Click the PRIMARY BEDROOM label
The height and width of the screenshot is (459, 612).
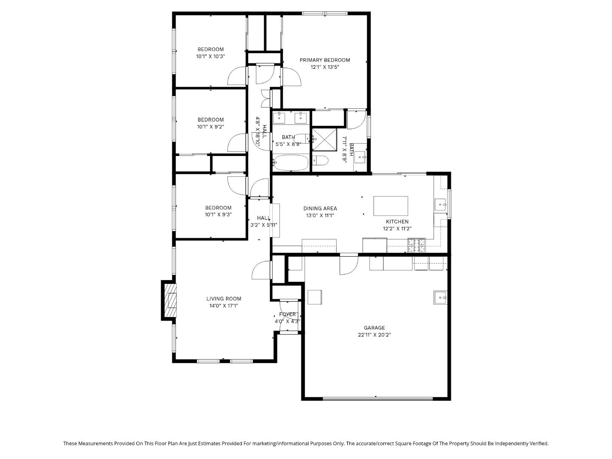325,60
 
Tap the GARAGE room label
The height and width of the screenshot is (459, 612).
374,328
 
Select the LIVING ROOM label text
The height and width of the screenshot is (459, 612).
224,299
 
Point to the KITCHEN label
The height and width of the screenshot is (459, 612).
397,221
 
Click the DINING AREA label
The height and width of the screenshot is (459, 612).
320,208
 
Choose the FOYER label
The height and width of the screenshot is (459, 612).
287,314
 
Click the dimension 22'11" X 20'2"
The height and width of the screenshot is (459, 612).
374,335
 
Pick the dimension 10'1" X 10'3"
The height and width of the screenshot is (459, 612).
210,56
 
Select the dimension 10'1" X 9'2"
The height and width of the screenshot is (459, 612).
210,127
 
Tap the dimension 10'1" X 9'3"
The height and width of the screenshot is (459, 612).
218,215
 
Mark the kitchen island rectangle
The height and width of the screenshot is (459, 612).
391,206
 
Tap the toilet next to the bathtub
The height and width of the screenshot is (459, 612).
320,161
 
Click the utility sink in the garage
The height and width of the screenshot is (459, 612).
440,297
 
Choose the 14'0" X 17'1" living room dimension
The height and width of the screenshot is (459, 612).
224,306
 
